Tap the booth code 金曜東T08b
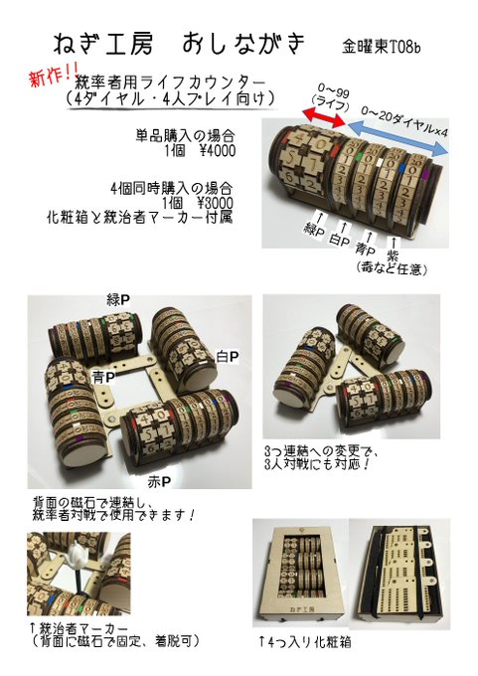(x=381, y=47)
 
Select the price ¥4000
(x=217, y=151)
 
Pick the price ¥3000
(x=215, y=203)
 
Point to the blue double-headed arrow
(x=397, y=139)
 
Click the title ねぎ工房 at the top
(x=102, y=45)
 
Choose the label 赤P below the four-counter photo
(x=159, y=482)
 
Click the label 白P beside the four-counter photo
(x=228, y=357)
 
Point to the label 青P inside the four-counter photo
(x=103, y=378)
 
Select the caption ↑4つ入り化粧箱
(x=304, y=642)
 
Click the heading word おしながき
(x=242, y=44)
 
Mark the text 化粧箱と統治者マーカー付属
(x=140, y=217)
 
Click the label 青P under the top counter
(x=366, y=250)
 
